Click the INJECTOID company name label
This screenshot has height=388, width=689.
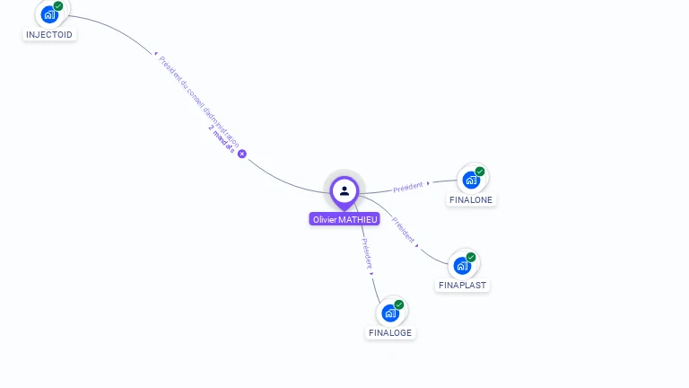click(x=49, y=34)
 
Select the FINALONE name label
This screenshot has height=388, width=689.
click(x=471, y=199)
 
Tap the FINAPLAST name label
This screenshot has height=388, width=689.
click(x=462, y=285)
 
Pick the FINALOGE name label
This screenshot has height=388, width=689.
click(x=390, y=332)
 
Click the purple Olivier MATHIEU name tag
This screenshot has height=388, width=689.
click(x=344, y=219)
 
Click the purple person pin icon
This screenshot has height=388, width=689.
click(x=344, y=190)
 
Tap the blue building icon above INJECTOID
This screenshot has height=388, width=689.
click(x=48, y=14)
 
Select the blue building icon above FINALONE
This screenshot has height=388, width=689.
click(x=471, y=180)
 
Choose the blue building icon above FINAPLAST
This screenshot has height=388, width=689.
click(x=462, y=265)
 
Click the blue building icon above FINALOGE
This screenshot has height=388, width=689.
click(x=389, y=313)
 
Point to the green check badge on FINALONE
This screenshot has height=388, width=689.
click(x=480, y=172)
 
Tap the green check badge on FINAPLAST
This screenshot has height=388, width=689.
click(x=471, y=257)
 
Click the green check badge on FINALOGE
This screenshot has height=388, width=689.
click(x=399, y=304)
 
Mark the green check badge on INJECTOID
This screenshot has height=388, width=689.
click(x=58, y=6)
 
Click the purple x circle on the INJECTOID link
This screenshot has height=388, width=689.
click(x=241, y=154)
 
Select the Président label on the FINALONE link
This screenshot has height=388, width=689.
click(x=408, y=186)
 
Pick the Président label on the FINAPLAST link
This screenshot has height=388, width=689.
click(x=404, y=230)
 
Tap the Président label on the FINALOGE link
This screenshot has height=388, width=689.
click(x=366, y=253)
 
